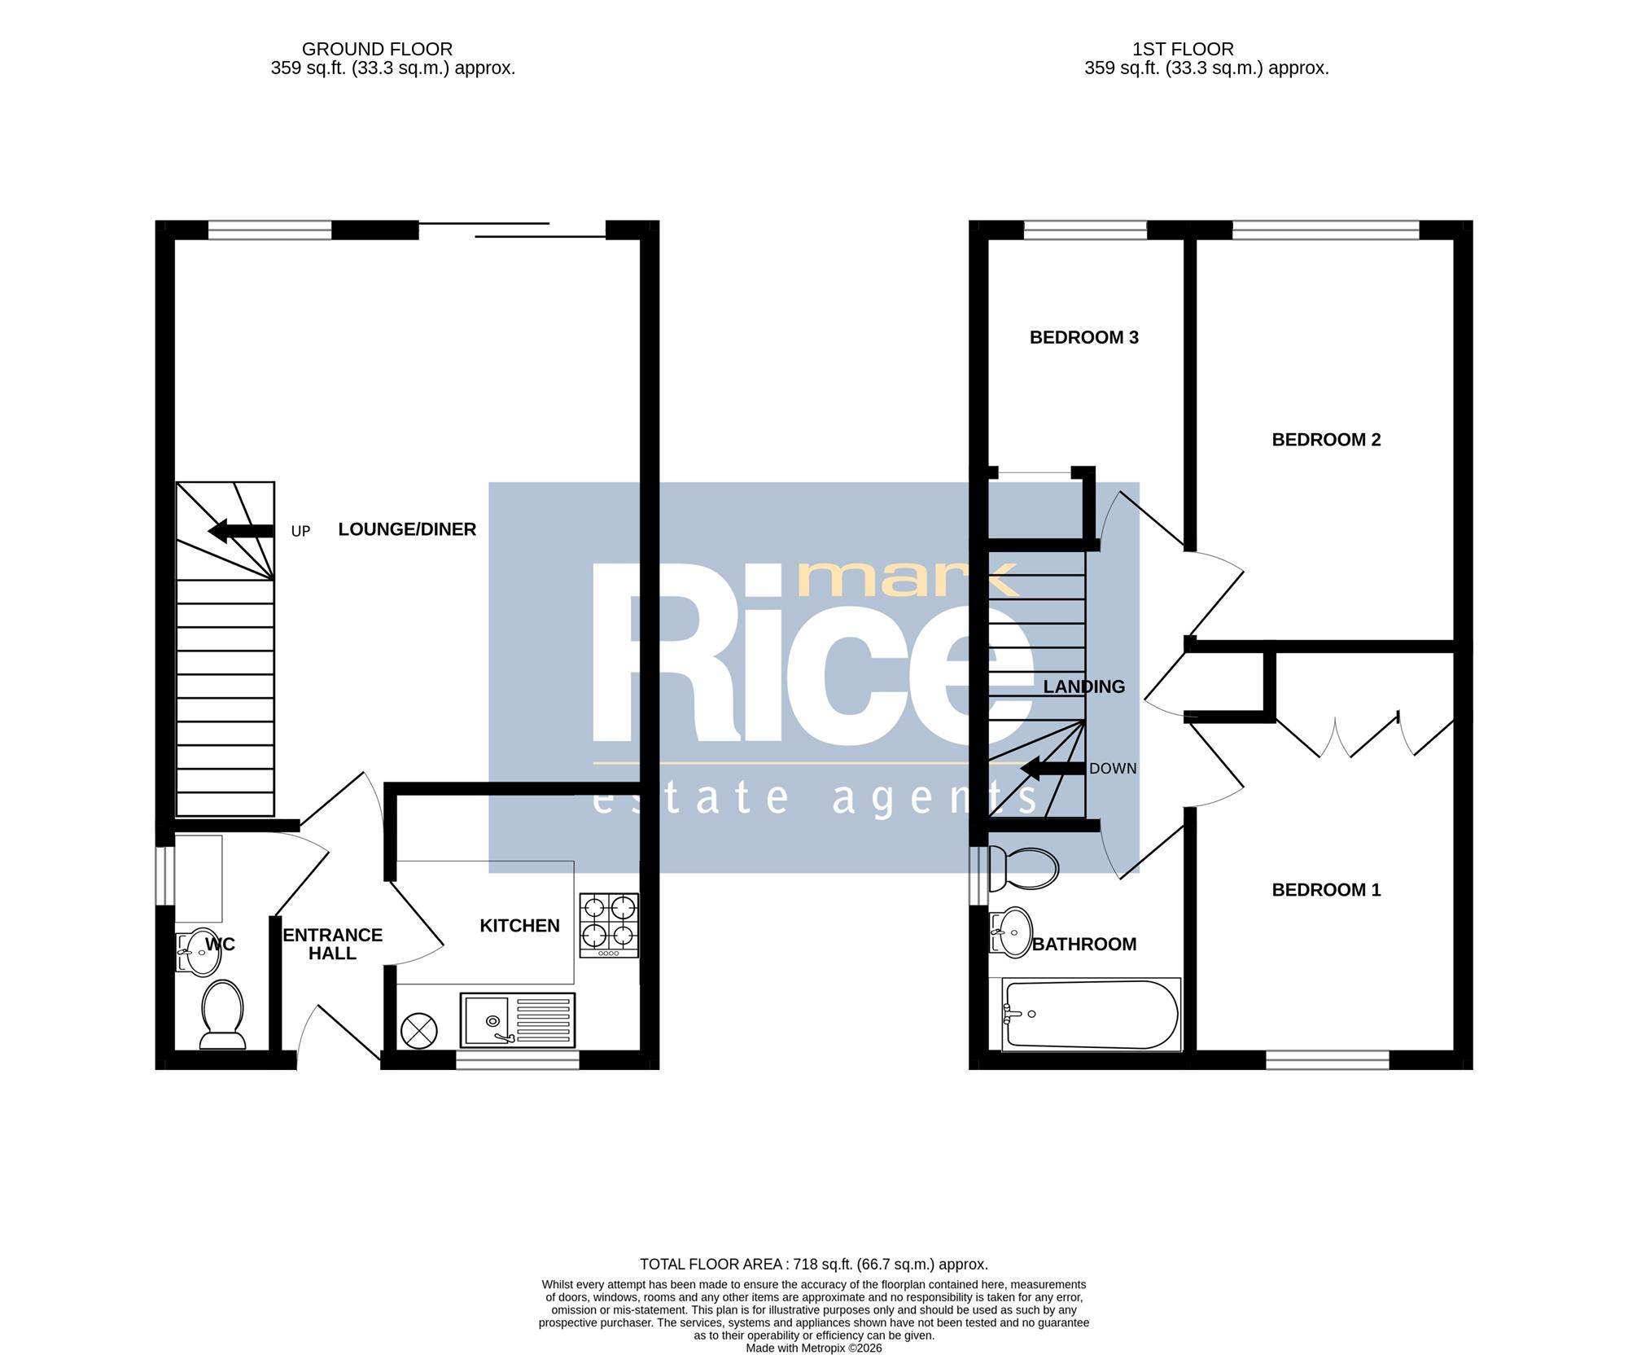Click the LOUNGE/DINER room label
(x=407, y=529)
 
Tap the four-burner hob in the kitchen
(x=609, y=925)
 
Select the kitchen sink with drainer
(x=518, y=1020)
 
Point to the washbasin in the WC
(x=197, y=952)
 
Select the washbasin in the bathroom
(x=1010, y=932)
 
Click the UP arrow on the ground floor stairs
(x=240, y=532)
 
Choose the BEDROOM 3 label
(x=1083, y=337)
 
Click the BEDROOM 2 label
(x=1326, y=440)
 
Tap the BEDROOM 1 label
(x=1326, y=890)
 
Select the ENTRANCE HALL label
(x=333, y=944)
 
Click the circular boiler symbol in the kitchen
(x=419, y=1031)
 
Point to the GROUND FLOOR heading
(x=377, y=49)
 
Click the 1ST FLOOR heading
(x=1183, y=49)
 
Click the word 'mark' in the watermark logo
(x=908, y=581)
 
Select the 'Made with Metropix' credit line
(x=814, y=1348)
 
